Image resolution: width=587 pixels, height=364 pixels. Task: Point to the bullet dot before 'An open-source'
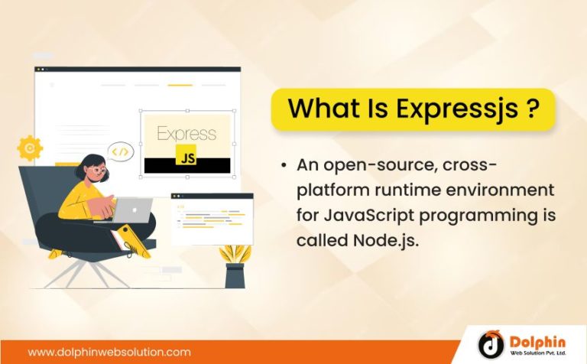[284, 164]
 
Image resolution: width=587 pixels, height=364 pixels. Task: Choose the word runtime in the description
[405, 190]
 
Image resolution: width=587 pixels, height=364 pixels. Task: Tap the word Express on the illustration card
[186, 133]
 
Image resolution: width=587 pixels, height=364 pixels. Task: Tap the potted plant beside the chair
[234, 264]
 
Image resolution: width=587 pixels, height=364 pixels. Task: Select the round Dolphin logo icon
[491, 343]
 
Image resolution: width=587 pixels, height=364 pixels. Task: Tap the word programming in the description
[479, 216]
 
